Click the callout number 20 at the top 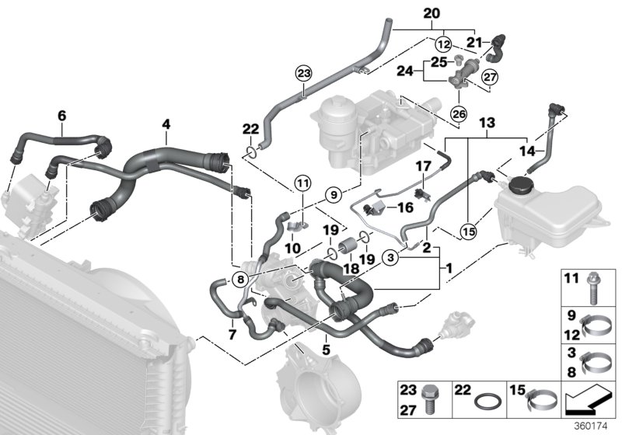[432, 13]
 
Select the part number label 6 [61, 116]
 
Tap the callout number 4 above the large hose [165, 123]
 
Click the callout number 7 [230, 335]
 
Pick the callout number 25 [439, 61]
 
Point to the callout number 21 [473, 41]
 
